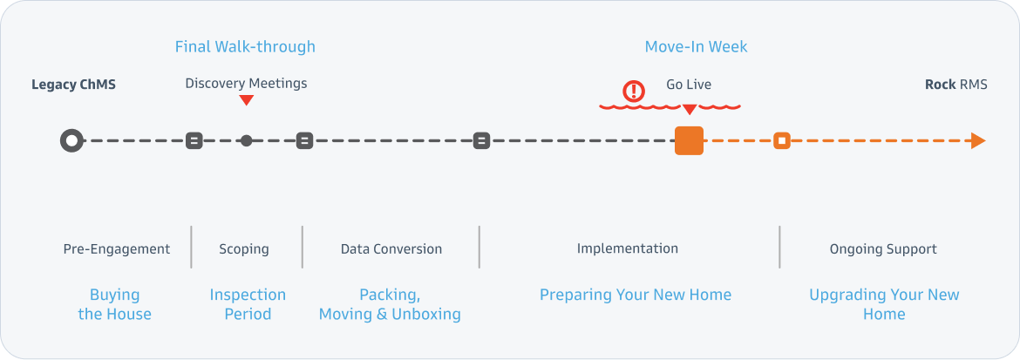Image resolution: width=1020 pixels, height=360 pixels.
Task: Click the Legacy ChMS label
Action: (x=73, y=85)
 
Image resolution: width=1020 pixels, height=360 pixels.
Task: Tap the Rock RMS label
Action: (x=955, y=84)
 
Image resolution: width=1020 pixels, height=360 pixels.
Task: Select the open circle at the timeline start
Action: (x=71, y=140)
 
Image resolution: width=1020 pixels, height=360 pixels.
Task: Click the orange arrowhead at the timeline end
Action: (x=978, y=140)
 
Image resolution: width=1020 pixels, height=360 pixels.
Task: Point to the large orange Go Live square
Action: (x=689, y=140)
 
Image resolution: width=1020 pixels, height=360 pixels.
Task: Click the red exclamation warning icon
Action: (x=633, y=92)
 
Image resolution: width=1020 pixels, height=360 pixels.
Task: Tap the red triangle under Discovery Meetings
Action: (x=246, y=100)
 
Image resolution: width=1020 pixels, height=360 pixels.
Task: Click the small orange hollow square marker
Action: (x=782, y=140)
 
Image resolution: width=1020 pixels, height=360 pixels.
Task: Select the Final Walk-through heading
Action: (x=245, y=47)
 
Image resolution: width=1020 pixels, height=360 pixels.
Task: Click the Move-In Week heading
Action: (x=696, y=47)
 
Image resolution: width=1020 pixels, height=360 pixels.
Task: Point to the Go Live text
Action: (x=689, y=85)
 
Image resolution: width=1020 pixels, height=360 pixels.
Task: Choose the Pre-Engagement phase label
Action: (x=117, y=249)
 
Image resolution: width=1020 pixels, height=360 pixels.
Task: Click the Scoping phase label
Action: (x=244, y=249)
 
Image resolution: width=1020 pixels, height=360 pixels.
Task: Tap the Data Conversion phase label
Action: (x=391, y=249)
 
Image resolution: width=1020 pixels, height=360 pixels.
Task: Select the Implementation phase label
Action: (x=628, y=248)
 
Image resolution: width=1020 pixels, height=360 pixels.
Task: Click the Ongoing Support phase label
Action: (x=883, y=249)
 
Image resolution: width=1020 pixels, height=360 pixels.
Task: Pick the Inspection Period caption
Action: (x=248, y=305)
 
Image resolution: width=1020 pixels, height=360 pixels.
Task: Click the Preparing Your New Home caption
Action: (x=636, y=295)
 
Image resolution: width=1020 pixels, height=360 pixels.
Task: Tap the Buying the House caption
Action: (x=115, y=305)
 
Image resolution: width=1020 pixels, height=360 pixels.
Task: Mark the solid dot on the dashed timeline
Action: (x=246, y=140)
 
